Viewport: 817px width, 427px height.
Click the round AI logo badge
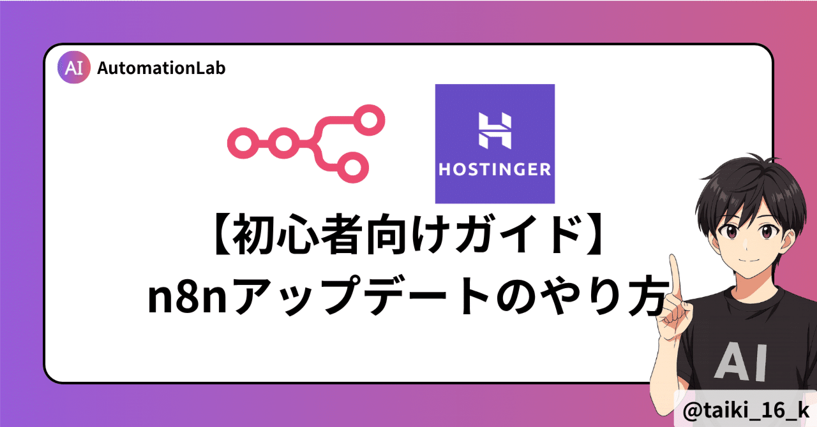tap(74, 68)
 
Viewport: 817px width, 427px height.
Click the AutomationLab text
tap(161, 68)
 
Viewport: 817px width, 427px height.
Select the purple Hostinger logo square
tap(494, 143)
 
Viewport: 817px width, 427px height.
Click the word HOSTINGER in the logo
tap(494, 170)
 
